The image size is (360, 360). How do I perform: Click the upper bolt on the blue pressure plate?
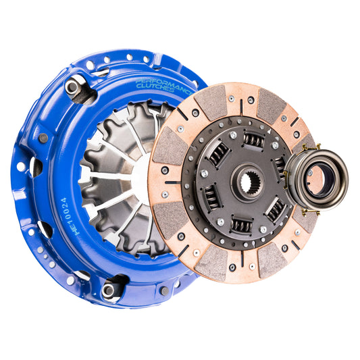71,86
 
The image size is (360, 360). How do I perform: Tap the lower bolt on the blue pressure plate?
108,290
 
